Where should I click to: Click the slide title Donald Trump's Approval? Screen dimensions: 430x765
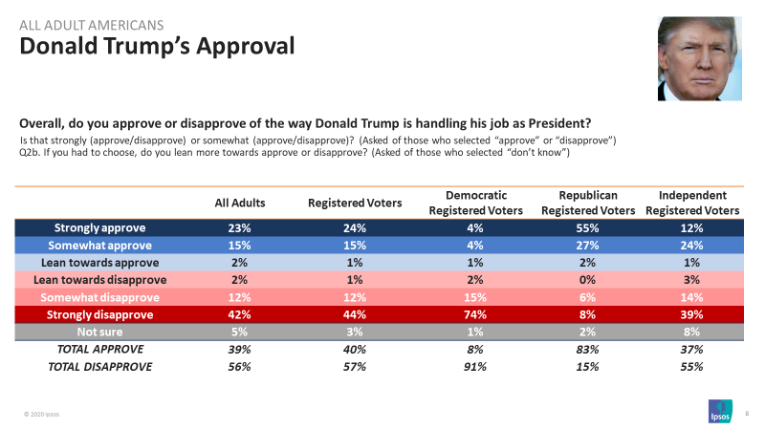click(158, 46)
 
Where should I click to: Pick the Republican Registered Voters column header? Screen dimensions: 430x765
click(588, 203)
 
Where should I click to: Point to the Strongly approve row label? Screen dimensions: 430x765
click(99, 228)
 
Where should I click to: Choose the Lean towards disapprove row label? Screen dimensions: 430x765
click(99, 280)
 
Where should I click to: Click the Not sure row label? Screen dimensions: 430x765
click(99, 332)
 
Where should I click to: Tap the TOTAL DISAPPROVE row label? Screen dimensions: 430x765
click(99, 366)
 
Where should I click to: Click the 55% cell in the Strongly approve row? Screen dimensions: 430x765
click(588, 228)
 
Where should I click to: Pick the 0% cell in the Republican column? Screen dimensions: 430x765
click(588, 280)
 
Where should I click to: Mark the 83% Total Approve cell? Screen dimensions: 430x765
click(588, 349)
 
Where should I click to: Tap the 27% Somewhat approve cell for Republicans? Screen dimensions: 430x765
click(588, 246)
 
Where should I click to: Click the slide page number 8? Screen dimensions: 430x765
click(745, 412)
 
